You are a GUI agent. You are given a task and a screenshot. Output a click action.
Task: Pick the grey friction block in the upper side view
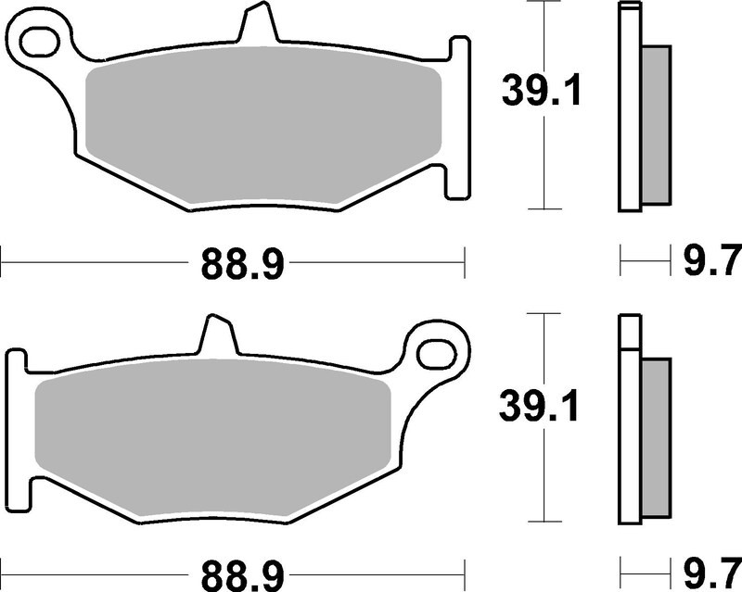pos(656,125)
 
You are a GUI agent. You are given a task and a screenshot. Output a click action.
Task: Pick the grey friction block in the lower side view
pos(656,437)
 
